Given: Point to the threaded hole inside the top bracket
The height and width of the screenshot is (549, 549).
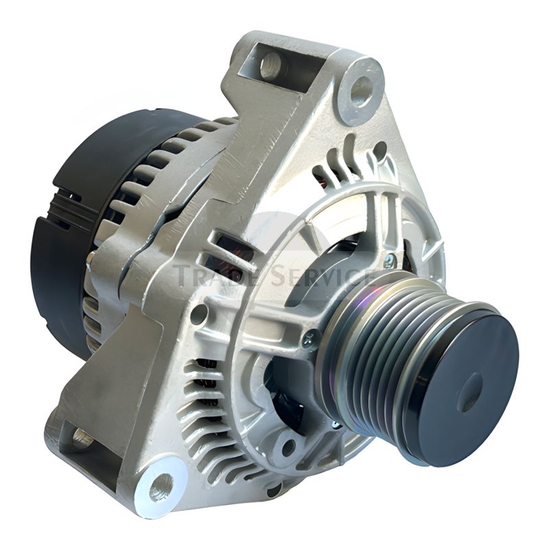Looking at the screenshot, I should (272, 66).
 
